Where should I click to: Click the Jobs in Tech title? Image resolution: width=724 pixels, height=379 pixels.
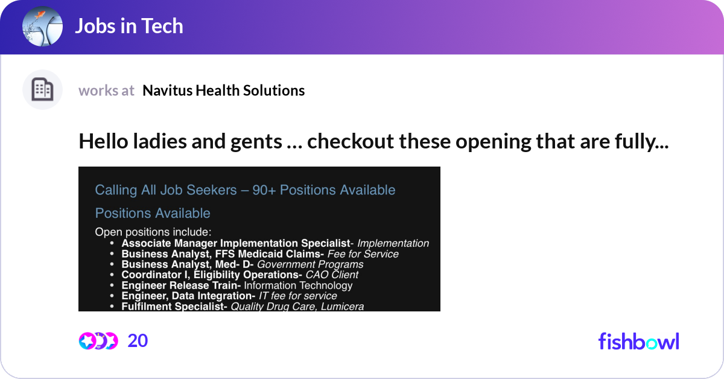pos(129,27)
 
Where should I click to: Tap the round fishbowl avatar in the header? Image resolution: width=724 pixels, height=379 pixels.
pos(42,27)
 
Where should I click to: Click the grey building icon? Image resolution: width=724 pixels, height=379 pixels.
pos(42,90)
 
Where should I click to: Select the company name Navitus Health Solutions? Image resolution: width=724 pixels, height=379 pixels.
pos(223,91)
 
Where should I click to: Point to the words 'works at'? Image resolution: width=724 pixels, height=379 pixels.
pos(106,91)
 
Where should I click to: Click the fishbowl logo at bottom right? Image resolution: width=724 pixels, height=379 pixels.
pos(638,341)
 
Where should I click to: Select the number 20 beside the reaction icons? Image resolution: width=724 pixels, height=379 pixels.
pos(138,341)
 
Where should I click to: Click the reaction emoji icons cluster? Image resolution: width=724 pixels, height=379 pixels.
pos(98,341)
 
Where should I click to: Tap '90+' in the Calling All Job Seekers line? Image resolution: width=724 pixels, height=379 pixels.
pos(264,190)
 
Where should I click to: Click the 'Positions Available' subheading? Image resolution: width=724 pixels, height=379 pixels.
pos(153,213)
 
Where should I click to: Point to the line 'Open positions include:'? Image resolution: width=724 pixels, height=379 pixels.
pos(153,231)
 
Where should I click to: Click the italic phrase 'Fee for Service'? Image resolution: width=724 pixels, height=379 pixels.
pos(363,254)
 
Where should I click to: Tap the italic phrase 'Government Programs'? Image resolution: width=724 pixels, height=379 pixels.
pos(310,264)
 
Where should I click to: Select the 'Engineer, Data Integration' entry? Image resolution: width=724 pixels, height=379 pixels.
pos(188,296)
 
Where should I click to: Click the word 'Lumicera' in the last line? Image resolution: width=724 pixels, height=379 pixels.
pos(343,307)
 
